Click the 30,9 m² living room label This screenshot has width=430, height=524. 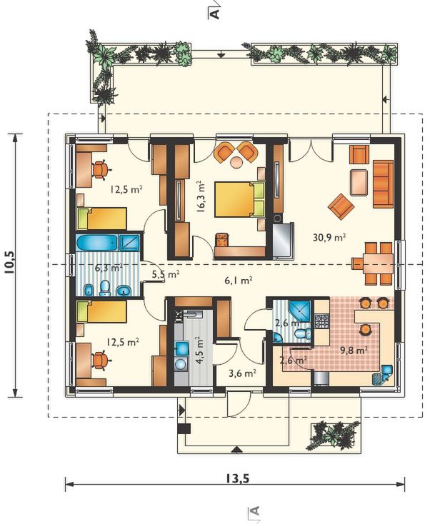click(x=329, y=237)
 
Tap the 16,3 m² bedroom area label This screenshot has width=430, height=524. click(x=201, y=197)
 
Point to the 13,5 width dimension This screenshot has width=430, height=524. click(x=237, y=479)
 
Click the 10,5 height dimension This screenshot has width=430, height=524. click(x=11, y=262)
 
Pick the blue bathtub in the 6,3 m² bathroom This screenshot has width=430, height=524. click(x=96, y=243)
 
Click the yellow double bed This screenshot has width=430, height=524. click(x=239, y=199)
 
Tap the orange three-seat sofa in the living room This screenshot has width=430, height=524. click(x=383, y=183)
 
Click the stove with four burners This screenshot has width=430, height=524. click(x=322, y=321)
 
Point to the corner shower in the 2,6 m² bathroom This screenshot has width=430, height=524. click(x=300, y=310)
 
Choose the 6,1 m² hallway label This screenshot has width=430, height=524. click(x=238, y=281)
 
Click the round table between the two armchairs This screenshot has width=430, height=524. click(x=236, y=162)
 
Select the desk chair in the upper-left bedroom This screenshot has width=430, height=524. click(x=100, y=169)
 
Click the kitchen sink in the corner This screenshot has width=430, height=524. click(x=382, y=374)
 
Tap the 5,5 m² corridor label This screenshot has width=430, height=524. click(x=166, y=275)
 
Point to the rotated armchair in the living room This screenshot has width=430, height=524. click(x=341, y=207)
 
